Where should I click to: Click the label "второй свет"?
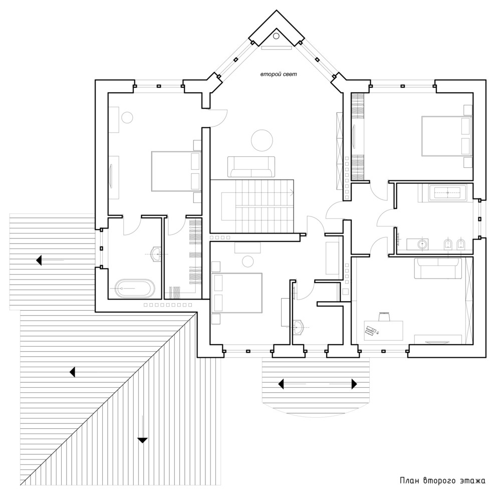click(279, 75)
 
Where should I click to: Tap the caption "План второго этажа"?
click(442, 481)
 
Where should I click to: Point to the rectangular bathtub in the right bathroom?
click(447, 192)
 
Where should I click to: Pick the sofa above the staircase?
click(251, 166)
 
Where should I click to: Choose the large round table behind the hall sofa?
click(262, 140)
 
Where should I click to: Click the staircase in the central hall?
click(252, 206)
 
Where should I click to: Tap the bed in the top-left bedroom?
click(176, 171)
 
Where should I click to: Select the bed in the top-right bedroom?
click(447, 136)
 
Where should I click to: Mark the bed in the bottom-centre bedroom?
click(238, 293)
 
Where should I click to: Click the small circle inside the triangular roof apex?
click(276, 36)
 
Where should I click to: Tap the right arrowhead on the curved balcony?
click(354, 384)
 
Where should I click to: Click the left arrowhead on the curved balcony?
click(281, 384)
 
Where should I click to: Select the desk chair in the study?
click(384, 317)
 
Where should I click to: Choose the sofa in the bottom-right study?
click(438, 269)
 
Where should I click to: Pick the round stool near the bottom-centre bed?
click(248, 261)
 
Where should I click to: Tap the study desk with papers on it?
click(383, 331)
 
